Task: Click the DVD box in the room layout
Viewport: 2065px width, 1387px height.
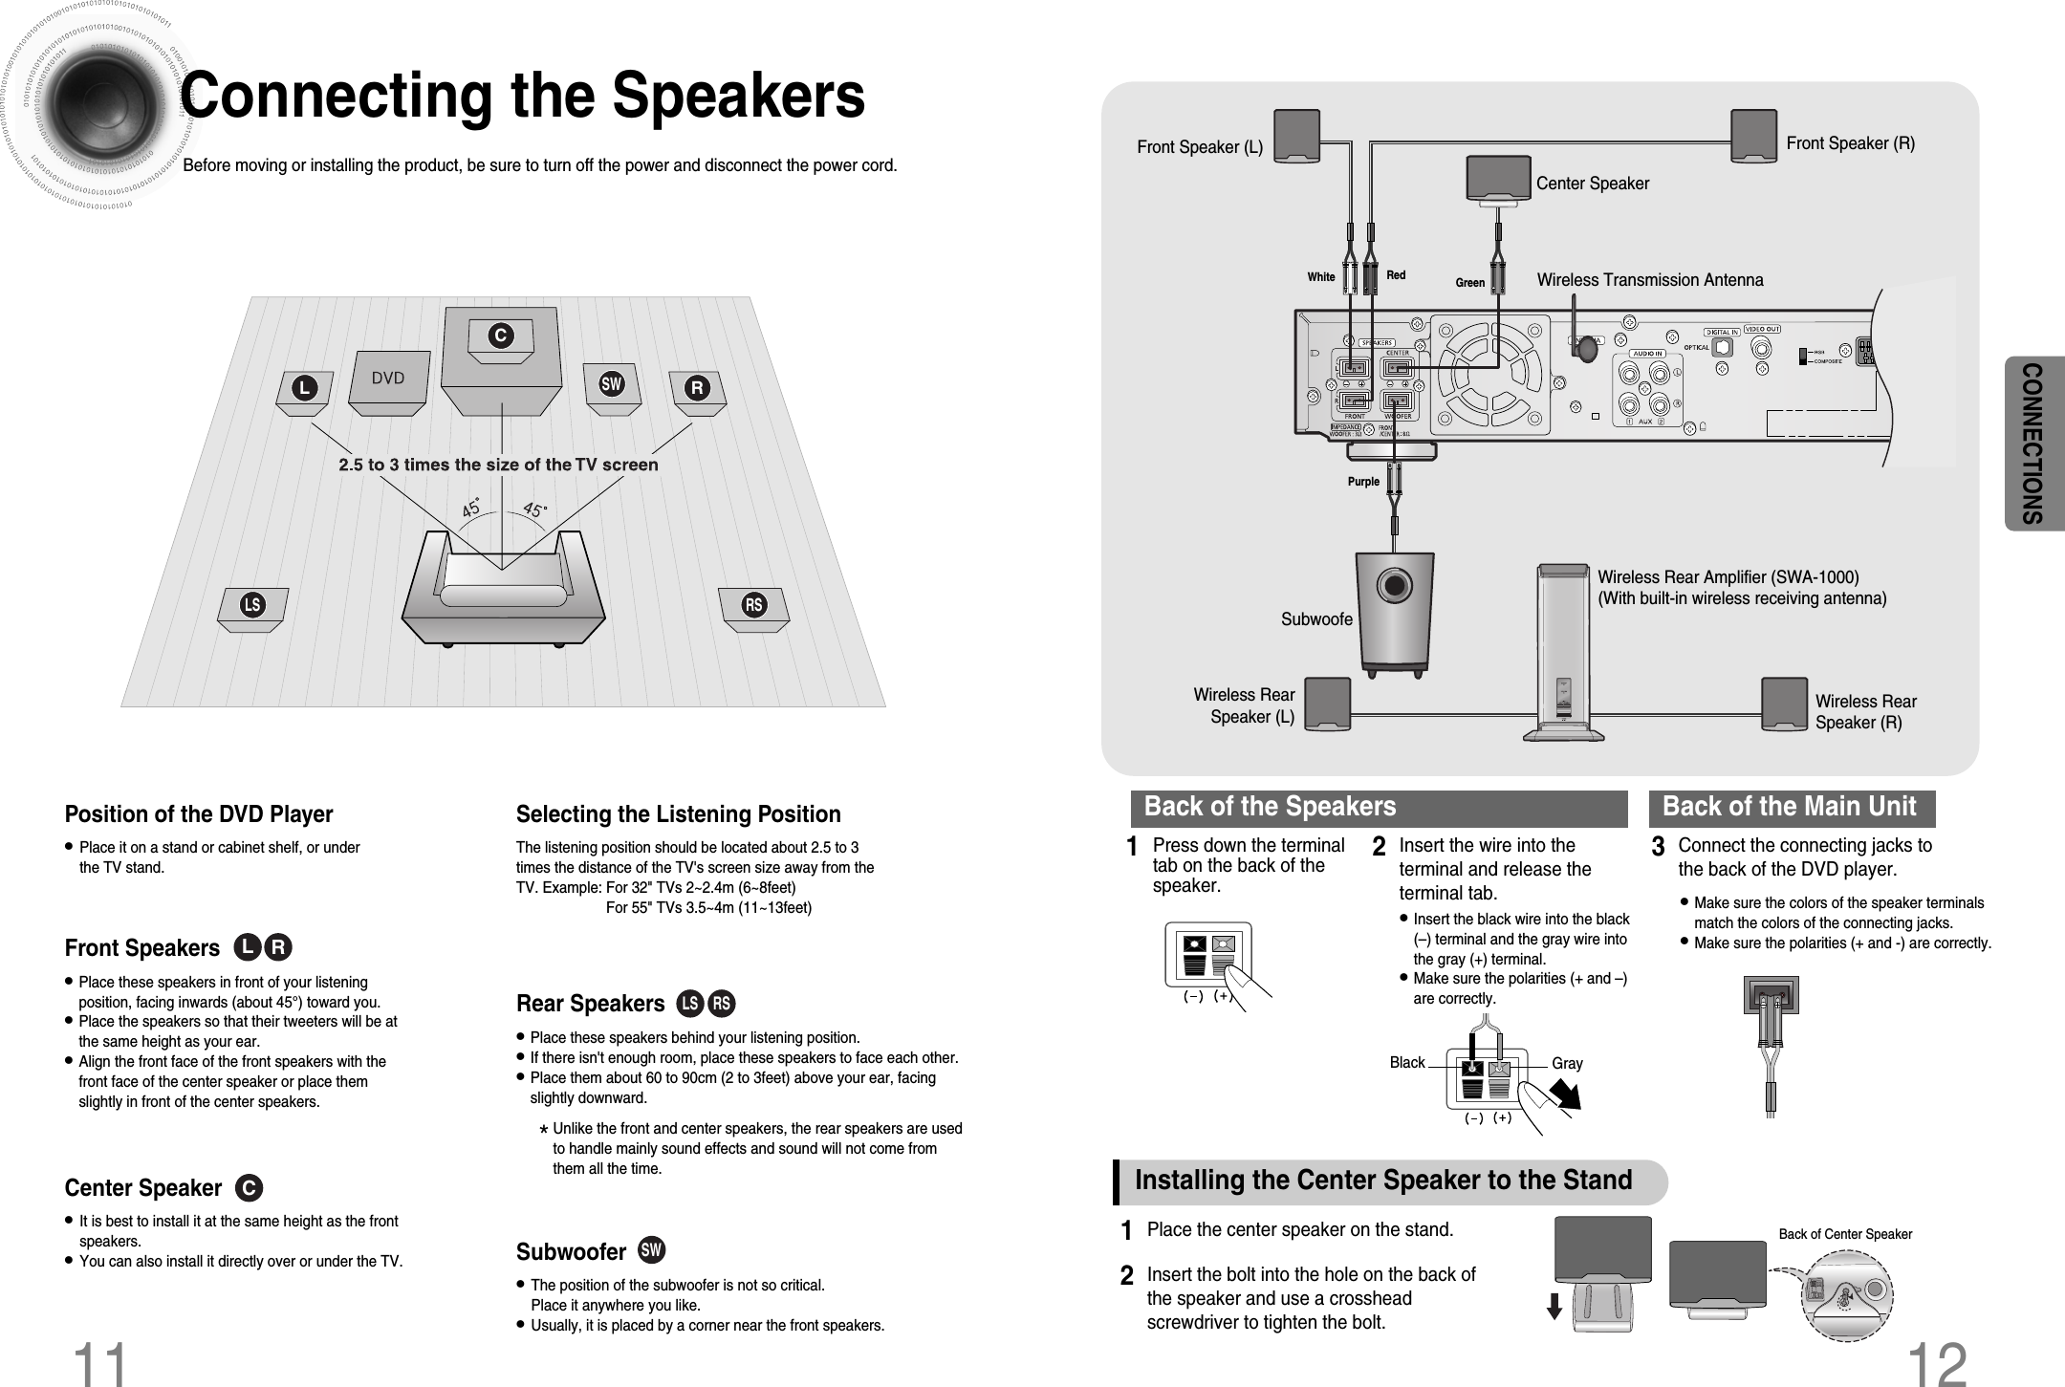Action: pos(388,380)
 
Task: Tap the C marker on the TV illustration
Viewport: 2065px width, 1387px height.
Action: pos(499,336)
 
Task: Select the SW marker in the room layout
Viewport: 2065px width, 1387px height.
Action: pos(611,384)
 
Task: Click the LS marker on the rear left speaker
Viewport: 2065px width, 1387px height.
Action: pos(252,605)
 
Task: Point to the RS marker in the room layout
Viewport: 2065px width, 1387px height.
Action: pos(754,605)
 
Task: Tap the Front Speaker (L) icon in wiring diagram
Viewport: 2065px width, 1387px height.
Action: pos(1296,137)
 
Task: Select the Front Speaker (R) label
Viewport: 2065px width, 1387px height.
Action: pos(1850,143)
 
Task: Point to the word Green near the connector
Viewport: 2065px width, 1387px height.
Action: pos(1469,283)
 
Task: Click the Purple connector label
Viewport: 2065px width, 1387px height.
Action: pos(1363,482)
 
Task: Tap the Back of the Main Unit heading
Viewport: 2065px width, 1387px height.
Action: pos(1790,808)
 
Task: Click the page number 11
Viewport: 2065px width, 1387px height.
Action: pos(100,1363)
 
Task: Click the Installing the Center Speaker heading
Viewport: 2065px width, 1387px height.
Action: pos(1383,1181)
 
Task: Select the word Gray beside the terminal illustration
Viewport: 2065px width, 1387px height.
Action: pos(1567,1063)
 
